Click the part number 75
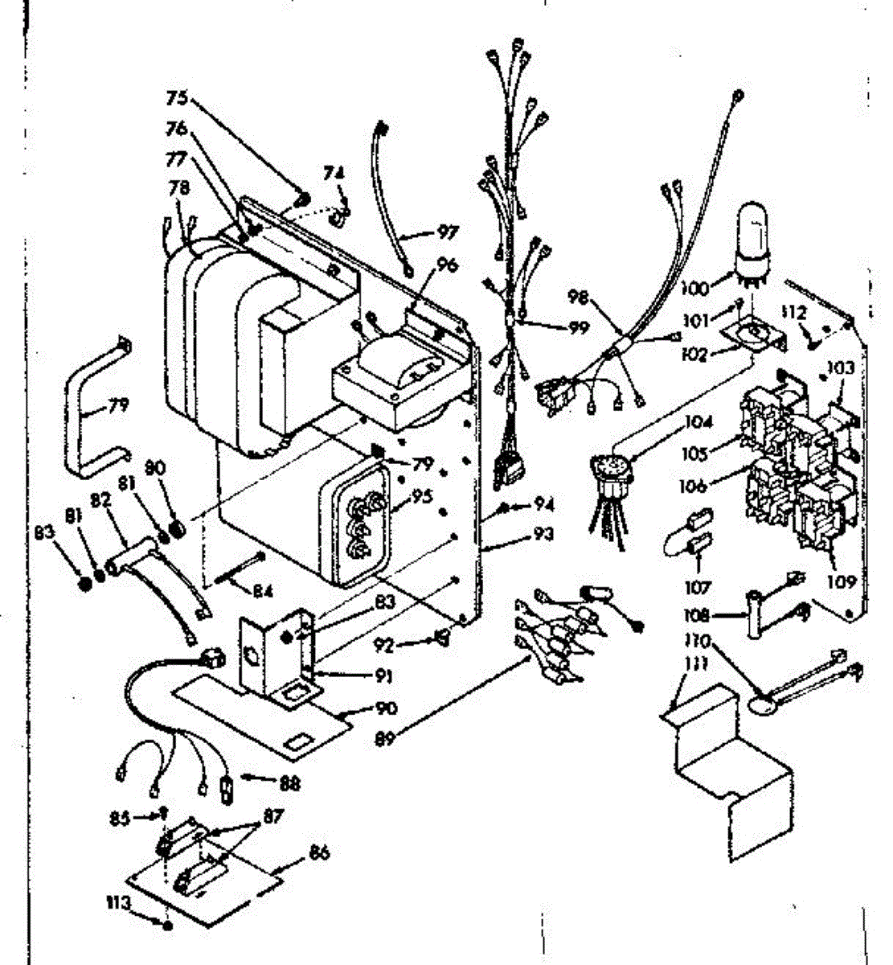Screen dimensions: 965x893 177,98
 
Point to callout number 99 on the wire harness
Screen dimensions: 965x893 576,328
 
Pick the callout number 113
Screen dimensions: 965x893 118,903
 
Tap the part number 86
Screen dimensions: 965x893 318,853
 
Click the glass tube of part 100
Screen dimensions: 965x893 754,227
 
